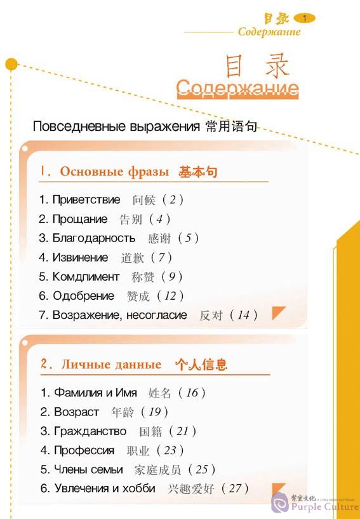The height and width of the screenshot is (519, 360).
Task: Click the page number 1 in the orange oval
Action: click(x=304, y=18)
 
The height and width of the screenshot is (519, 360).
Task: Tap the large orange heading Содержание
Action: click(x=237, y=88)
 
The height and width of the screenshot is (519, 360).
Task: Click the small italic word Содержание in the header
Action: click(x=269, y=32)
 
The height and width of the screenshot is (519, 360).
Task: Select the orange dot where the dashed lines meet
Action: click(x=11, y=64)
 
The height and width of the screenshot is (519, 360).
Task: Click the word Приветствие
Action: click(x=86, y=199)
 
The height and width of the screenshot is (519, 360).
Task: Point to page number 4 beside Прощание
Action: click(x=159, y=219)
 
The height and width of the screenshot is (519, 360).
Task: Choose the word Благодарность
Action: click(x=93, y=238)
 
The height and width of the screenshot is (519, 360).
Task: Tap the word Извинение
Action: click(x=80, y=257)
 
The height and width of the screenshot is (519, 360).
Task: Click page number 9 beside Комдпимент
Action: click(x=171, y=276)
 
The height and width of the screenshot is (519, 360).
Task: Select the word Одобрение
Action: click(x=83, y=295)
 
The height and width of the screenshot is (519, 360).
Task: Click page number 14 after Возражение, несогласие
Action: click(x=243, y=315)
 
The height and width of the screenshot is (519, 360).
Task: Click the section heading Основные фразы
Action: click(x=114, y=172)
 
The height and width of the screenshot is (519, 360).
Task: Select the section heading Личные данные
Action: click(x=111, y=365)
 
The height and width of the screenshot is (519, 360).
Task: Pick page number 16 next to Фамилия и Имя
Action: click(x=192, y=393)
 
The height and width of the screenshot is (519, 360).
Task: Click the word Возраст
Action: click(x=76, y=412)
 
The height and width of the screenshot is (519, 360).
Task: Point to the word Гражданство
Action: click(x=90, y=431)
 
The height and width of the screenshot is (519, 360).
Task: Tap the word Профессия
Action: click(x=84, y=450)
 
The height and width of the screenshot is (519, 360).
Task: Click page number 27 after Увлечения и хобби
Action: click(x=235, y=489)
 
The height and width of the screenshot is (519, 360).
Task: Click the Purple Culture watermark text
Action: click(x=324, y=506)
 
